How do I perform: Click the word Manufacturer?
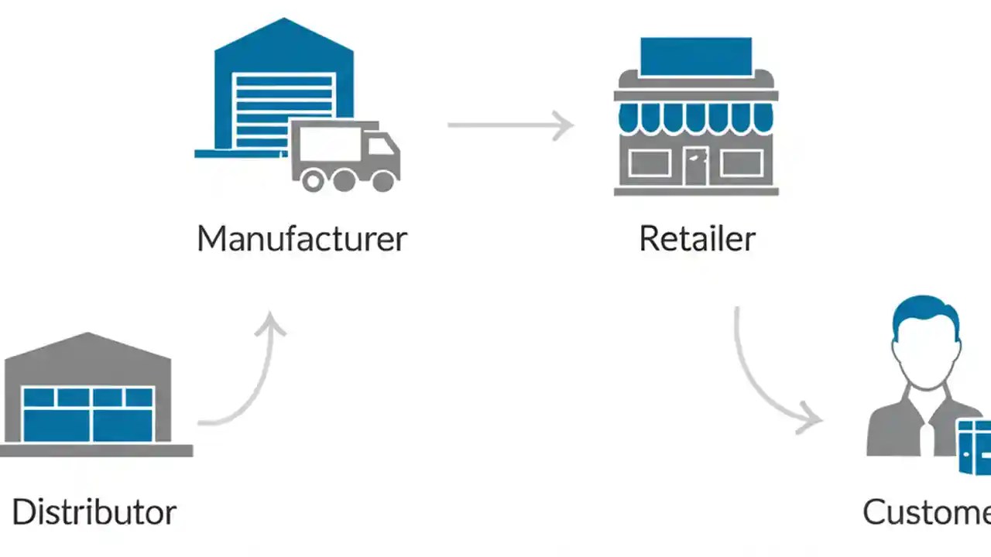point(301,238)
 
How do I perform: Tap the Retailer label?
point(697,238)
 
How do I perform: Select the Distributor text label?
point(94,512)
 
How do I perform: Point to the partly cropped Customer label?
point(926,512)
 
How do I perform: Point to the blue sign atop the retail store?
point(695,56)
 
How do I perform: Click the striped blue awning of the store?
point(695,117)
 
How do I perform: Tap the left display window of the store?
point(649,163)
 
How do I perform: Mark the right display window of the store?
point(742,163)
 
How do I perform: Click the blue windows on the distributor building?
point(87,414)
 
